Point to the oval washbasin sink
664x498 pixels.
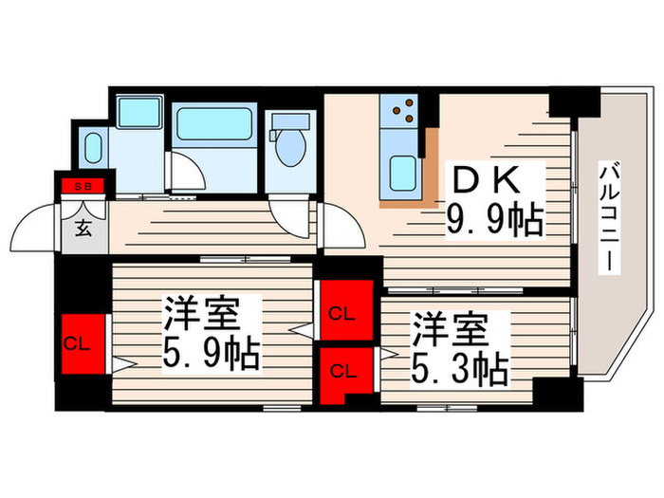coord(94,149)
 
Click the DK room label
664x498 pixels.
coord(495,180)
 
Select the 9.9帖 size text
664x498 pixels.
coord(494,220)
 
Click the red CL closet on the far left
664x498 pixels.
coord(77,345)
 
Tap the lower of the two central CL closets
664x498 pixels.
coord(343,371)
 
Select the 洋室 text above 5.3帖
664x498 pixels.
coord(450,328)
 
